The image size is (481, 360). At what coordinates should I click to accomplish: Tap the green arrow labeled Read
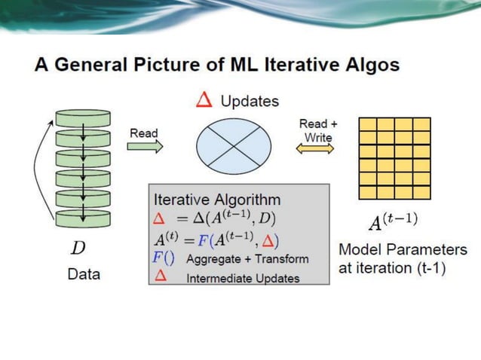[145, 147]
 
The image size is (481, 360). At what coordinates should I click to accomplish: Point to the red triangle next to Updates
[204, 100]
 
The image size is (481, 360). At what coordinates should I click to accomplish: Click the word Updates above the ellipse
[250, 101]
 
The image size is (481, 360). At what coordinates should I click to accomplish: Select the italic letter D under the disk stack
[78, 248]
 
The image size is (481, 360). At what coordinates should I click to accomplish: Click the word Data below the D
[84, 274]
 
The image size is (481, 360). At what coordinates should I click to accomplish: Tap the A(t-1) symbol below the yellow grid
[392, 221]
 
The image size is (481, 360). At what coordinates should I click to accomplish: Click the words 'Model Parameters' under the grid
[403, 249]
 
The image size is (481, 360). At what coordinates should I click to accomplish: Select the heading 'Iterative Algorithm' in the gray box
[217, 200]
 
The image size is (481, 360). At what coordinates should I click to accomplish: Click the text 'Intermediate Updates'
[242, 278]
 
